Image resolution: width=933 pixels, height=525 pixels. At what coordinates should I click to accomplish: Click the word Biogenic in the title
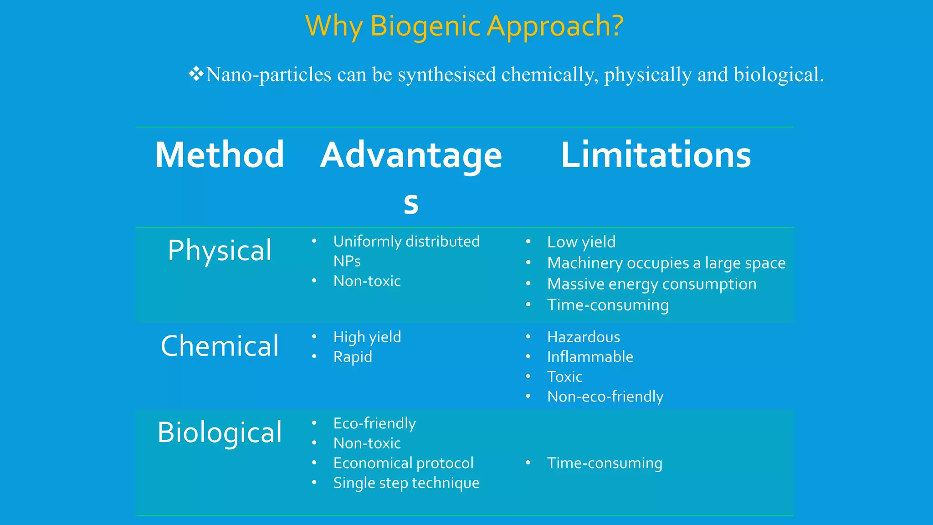(425, 26)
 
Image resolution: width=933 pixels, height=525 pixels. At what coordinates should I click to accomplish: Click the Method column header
(220, 155)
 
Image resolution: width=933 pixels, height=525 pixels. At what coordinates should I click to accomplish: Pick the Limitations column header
(656, 155)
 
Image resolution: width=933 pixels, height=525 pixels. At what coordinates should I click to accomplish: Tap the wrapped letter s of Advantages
(411, 203)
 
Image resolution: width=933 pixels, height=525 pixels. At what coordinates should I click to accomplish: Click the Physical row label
(220, 250)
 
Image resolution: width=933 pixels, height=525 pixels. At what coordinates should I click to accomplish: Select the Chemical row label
(220, 346)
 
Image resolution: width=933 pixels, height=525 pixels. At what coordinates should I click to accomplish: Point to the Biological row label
(220, 432)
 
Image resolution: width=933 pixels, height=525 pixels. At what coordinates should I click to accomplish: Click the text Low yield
(581, 242)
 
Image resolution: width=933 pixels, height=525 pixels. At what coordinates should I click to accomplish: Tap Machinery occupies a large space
(666, 263)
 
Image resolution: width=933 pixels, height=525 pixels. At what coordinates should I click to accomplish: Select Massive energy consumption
(651, 284)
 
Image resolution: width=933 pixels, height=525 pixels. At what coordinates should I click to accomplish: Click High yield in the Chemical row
(367, 337)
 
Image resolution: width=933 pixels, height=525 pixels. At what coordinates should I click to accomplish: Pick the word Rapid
(353, 357)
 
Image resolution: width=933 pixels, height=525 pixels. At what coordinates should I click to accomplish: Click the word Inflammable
(590, 357)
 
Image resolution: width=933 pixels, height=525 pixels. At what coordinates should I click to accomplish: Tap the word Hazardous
(584, 337)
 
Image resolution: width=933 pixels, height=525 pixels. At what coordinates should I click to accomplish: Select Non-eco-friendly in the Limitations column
(605, 396)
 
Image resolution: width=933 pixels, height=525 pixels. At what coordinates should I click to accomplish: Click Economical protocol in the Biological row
(403, 463)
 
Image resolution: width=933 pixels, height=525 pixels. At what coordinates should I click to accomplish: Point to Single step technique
(406, 483)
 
